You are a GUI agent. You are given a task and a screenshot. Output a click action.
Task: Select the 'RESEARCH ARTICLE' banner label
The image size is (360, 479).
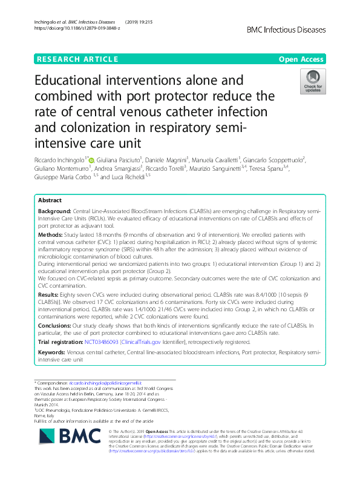(77, 59)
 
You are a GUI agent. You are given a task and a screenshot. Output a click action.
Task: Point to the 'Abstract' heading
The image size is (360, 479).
(50, 200)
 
